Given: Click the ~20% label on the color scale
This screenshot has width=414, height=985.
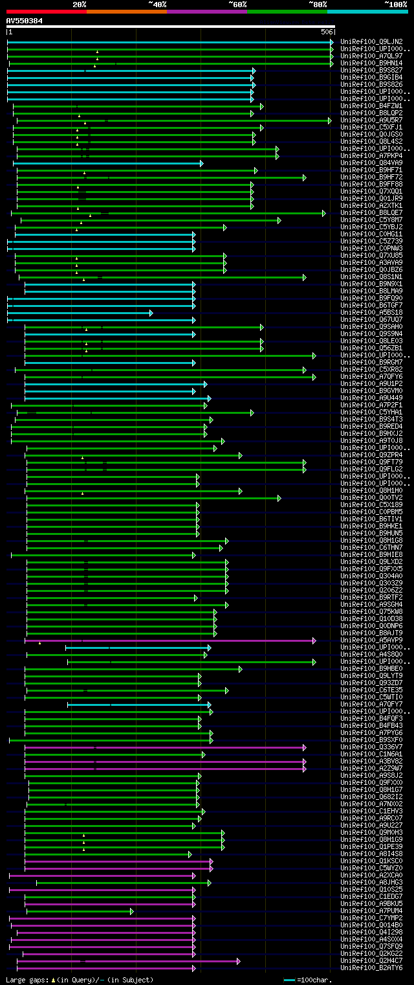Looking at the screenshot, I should pos(79,4).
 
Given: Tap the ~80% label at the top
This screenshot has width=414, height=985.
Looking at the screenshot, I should pos(318,4).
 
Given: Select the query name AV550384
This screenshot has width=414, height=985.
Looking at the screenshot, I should pos(24,21).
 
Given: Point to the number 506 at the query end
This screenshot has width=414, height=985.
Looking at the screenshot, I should pos(327,32).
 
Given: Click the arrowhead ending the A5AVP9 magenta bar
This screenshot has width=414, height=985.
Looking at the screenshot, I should pos(314,640).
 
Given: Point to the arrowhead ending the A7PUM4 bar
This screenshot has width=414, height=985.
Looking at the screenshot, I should pos(132,911).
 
